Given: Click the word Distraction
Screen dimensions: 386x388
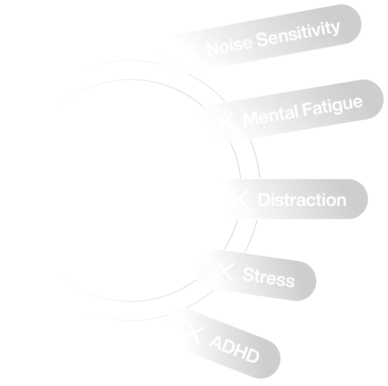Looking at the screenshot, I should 302,200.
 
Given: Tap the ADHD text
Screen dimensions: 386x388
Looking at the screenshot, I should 234,349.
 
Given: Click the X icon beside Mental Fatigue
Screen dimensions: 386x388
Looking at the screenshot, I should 224,121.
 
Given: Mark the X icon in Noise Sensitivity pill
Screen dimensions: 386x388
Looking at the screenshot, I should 191,48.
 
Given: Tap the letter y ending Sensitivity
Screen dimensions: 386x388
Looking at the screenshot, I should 335,29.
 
